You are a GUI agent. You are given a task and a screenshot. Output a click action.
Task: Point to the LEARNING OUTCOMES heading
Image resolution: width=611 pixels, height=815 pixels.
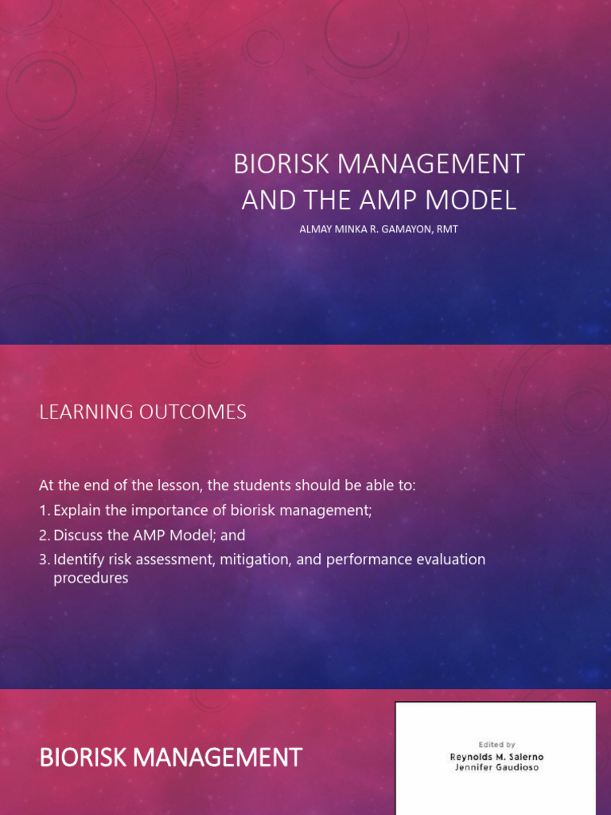142,411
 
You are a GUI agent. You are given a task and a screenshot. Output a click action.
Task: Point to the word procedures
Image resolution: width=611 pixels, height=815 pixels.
91,579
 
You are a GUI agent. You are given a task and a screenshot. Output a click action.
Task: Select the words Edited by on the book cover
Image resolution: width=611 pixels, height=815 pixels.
496,744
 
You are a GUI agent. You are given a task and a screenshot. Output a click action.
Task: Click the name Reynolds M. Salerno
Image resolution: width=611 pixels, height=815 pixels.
496,758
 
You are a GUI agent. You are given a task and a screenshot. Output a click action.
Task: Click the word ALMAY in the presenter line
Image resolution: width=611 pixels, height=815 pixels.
313,230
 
